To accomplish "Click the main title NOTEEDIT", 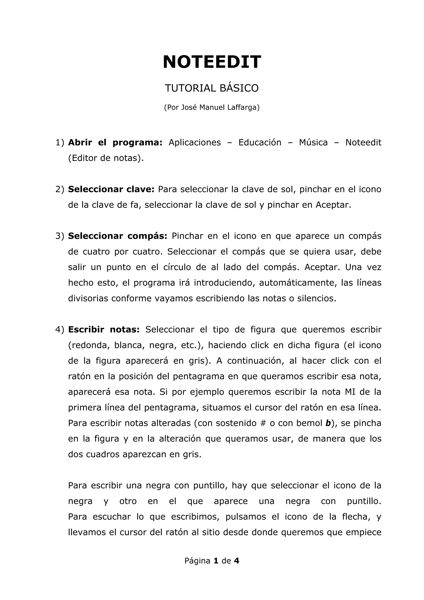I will (212, 62).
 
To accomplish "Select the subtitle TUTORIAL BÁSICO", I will (212, 88).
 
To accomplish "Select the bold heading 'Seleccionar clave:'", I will (111, 189).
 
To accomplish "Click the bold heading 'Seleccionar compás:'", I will (117, 236).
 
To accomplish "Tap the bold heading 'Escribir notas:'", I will (104, 330).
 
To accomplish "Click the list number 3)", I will (60, 236).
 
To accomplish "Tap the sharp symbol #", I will (263, 423).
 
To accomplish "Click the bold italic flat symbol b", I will (328, 423).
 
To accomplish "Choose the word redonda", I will (88, 345).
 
